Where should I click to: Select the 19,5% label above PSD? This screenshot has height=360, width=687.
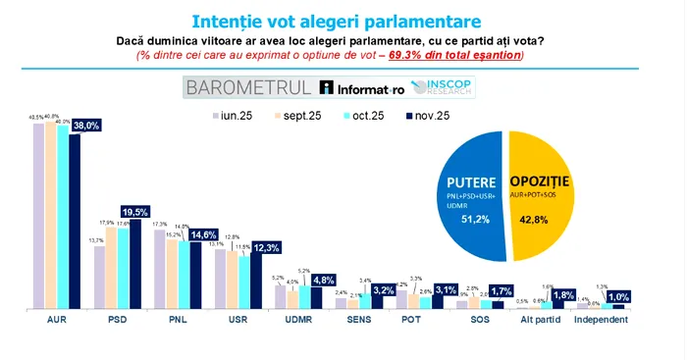click(x=133, y=211)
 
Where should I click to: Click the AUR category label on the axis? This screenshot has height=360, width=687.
click(x=56, y=320)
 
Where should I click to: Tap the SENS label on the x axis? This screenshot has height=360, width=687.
click(x=358, y=320)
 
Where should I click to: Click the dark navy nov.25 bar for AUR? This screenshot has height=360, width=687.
click(x=75, y=221)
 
